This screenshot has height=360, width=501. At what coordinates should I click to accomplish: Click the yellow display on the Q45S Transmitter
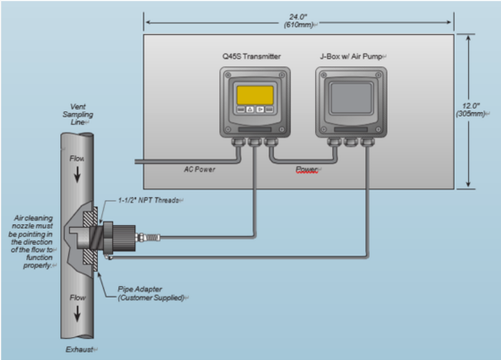click(x=255, y=95)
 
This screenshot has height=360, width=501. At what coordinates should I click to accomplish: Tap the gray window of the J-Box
click(x=351, y=98)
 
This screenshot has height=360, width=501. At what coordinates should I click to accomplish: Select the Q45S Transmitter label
click(x=252, y=57)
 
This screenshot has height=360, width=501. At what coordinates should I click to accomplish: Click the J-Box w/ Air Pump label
click(x=352, y=57)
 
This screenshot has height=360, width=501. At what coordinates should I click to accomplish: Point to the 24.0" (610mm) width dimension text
click(x=298, y=21)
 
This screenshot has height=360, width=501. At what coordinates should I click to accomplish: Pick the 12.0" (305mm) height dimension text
click(x=471, y=110)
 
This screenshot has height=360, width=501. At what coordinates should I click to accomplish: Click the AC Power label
click(x=200, y=169)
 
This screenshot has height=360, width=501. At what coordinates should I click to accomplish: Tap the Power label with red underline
click(x=307, y=169)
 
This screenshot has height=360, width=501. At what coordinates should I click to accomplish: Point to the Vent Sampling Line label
click(x=77, y=114)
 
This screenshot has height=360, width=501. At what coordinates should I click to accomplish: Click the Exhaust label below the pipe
click(x=80, y=349)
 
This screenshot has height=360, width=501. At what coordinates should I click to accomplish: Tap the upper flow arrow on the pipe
click(x=77, y=174)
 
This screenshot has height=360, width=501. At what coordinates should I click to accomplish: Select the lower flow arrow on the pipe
click(x=77, y=313)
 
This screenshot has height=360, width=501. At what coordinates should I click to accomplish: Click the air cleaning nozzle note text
click(x=32, y=242)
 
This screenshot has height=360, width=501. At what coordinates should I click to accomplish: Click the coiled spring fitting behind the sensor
click(x=152, y=238)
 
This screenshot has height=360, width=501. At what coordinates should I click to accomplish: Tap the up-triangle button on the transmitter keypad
click(x=250, y=109)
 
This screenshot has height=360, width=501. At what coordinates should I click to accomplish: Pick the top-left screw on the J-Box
click(x=324, y=75)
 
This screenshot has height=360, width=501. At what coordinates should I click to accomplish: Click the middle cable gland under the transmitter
click(x=255, y=141)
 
